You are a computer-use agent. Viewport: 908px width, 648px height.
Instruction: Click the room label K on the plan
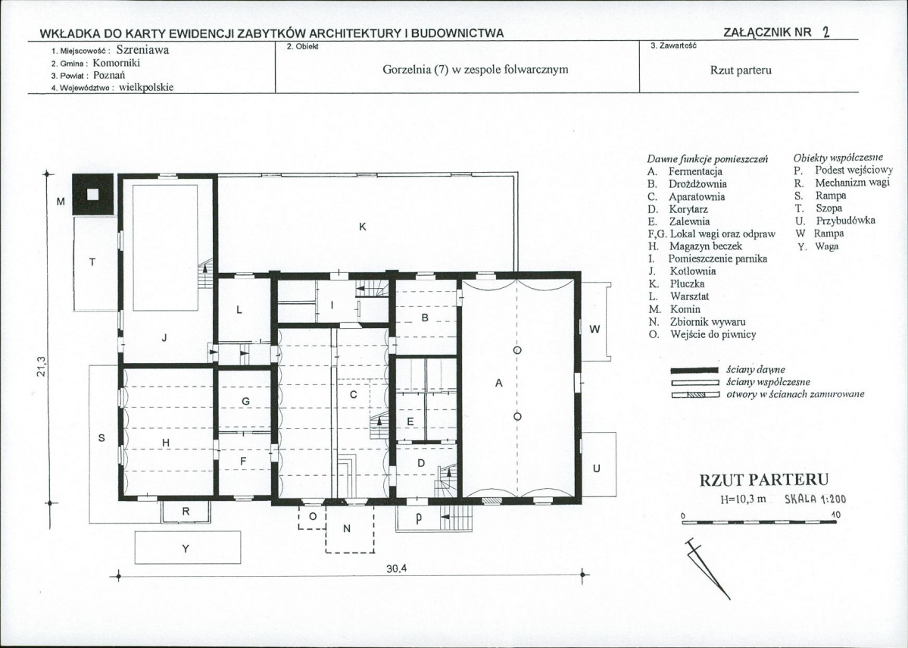pos(363,227)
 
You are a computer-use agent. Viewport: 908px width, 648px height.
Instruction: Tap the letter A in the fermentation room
pos(498,383)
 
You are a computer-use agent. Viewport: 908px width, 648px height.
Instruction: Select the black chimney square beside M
pos(92,195)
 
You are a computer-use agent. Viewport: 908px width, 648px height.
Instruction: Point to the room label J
pos(164,337)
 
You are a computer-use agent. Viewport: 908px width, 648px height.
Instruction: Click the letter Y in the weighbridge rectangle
pos(186,548)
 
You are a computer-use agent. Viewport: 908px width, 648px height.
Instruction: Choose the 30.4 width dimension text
pos(397,568)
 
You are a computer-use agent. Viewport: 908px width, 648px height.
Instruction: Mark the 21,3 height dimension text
pos(41,366)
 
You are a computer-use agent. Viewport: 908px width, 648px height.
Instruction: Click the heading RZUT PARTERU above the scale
pos(764,480)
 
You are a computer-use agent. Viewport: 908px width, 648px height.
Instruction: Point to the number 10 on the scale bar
pos(835,515)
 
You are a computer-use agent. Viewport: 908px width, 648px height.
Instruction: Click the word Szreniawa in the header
pos(142,50)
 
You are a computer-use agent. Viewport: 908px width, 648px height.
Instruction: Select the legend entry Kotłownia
pos(693,271)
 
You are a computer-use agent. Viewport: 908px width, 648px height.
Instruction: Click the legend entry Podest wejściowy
pos(854,171)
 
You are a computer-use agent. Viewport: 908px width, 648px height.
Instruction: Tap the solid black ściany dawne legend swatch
pos(695,371)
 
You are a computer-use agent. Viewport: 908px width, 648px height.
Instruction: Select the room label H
pos(166,443)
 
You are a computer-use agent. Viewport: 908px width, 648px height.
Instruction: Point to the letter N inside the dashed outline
pos(347,528)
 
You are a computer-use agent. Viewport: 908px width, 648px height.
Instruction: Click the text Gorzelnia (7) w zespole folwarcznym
pos(476,70)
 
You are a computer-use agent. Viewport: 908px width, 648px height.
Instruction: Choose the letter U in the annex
pos(597,468)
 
